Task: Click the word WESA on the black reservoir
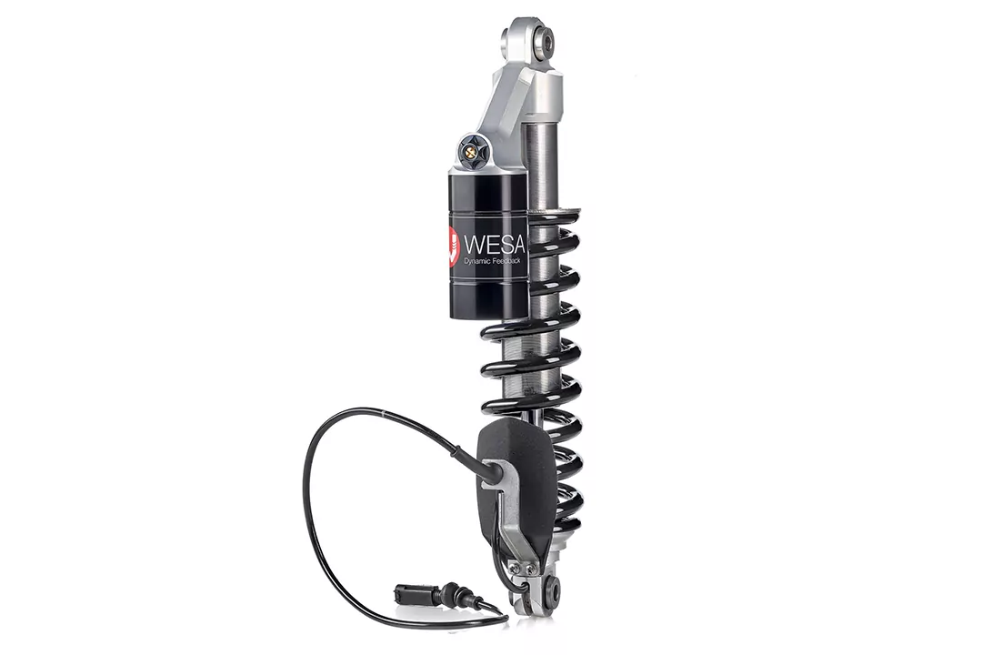pos(492,243)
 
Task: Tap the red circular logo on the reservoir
pos(454,247)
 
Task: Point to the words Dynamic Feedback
pos(495,262)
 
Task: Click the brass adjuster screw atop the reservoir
pos(470,151)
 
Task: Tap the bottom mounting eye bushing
pos(551,592)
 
